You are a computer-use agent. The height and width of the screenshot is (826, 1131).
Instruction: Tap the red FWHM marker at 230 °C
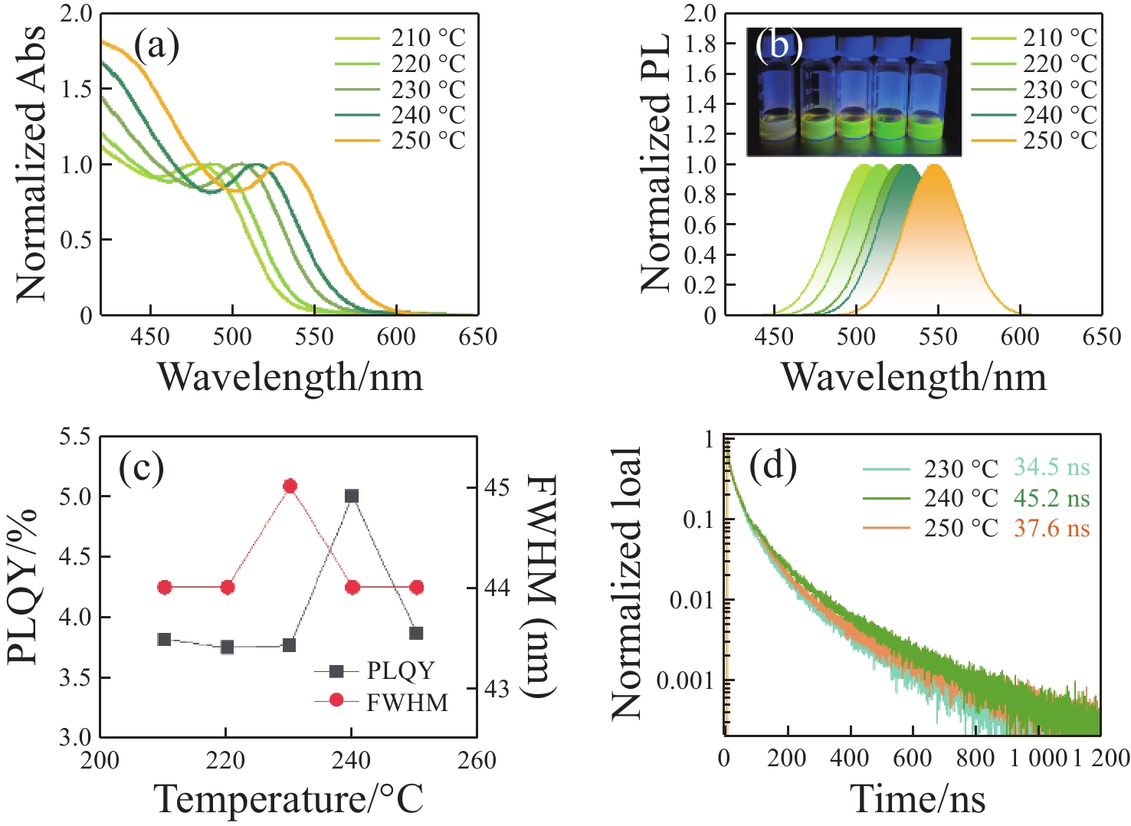[x=290, y=486]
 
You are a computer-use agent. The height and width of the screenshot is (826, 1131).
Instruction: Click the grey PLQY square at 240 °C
[x=352, y=496]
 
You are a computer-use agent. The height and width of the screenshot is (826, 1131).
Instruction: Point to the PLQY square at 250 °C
[x=416, y=633]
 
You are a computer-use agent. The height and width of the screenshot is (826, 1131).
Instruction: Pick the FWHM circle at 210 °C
[x=164, y=587]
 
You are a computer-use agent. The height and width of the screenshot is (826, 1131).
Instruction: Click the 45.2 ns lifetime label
[x=1051, y=498]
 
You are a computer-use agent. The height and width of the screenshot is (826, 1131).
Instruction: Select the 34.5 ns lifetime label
[x=1051, y=467]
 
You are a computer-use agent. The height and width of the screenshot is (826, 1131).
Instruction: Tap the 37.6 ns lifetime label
[x=1051, y=529]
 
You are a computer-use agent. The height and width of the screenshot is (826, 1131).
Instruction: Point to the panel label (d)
[x=773, y=465]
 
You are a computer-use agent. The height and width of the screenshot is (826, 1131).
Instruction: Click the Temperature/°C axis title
[x=289, y=799]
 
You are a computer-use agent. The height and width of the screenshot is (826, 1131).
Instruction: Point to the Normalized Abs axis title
[x=31, y=163]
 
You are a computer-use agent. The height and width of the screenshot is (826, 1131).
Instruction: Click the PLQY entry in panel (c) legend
[x=400, y=671]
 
